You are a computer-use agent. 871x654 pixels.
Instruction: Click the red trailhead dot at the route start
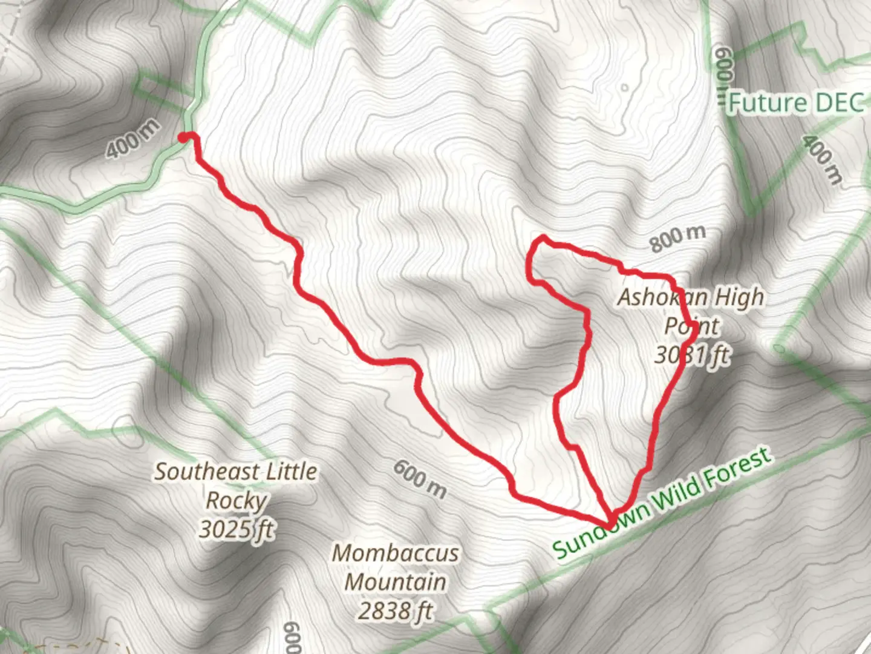point(183,139)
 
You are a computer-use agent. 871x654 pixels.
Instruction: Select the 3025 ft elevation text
point(235,529)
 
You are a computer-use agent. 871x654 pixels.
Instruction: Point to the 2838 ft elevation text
point(396,610)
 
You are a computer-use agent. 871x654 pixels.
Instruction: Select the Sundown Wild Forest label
point(663,503)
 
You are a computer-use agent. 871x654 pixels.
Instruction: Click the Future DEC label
point(795,104)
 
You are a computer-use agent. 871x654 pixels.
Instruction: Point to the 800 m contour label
point(678,239)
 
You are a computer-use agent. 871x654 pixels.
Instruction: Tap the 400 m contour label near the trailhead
point(134,139)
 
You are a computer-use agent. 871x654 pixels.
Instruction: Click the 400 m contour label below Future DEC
point(821,159)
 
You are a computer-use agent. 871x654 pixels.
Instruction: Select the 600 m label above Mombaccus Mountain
point(420,478)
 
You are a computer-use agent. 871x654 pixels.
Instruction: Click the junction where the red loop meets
point(609,521)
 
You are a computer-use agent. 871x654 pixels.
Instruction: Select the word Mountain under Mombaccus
point(396,581)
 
